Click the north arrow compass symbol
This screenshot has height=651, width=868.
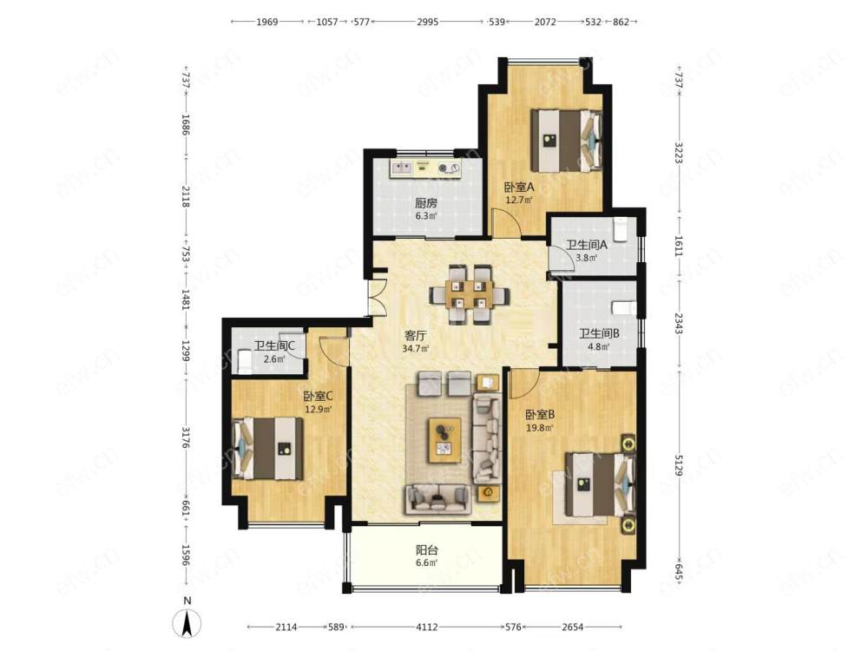187,624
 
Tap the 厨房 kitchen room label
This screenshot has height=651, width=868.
425,203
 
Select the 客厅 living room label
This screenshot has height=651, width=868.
415,335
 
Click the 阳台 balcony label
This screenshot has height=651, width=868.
427,550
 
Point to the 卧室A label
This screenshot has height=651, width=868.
519,187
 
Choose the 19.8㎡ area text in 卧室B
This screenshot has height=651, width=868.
540,427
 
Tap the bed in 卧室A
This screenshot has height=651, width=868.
566,141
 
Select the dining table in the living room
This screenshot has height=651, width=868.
470,294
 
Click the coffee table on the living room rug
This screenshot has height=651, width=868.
444,440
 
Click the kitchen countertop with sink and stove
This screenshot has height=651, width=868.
425,169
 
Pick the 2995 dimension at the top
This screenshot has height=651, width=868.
428,23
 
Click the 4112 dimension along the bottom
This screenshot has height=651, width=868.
427,628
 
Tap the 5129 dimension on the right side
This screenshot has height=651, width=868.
680,465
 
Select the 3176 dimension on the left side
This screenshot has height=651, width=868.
187,437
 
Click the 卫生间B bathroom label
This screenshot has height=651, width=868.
599,334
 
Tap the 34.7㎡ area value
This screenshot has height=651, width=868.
416,349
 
